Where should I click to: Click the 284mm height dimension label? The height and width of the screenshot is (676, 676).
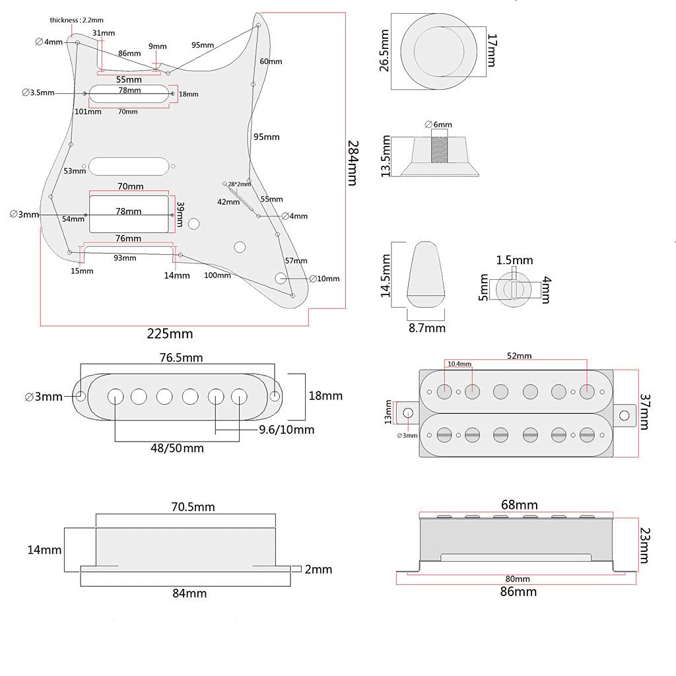point(353,162)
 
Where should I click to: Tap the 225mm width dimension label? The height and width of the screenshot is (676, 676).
point(170,333)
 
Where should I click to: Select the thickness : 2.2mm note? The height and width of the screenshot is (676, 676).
point(77,20)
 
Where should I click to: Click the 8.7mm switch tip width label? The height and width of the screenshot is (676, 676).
point(426,327)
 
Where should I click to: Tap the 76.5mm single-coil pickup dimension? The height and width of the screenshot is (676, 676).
point(182,358)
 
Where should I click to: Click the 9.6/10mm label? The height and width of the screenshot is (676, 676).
point(286,430)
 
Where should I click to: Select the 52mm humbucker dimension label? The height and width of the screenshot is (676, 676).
point(520,356)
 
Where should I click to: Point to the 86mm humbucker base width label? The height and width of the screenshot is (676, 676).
point(518,591)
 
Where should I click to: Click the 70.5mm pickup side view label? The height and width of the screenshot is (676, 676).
point(193,507)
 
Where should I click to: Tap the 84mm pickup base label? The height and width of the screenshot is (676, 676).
point(189,593)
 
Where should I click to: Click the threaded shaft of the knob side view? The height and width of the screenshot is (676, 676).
point(440,147)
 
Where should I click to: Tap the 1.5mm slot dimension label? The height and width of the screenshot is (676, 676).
point(515,261)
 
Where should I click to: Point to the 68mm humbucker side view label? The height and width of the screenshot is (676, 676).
point(519,505)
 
